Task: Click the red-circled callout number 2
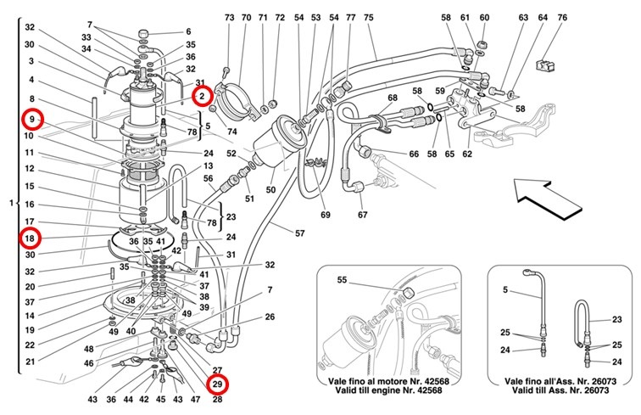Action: point(202,96)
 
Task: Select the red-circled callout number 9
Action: point(30,119)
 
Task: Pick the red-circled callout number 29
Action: point(218,384)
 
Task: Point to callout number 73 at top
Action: point(229,17)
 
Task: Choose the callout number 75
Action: point(368,17)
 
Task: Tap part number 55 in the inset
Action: point(343,279)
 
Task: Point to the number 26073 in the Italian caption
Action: point(585,384)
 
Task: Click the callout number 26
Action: point(270,317)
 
